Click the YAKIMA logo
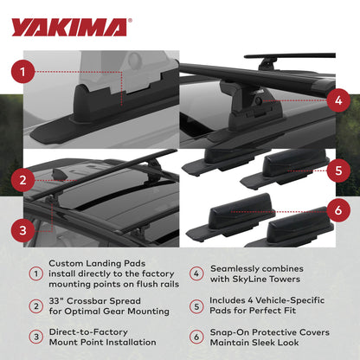pyautogui.click(x=69, y=27)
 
